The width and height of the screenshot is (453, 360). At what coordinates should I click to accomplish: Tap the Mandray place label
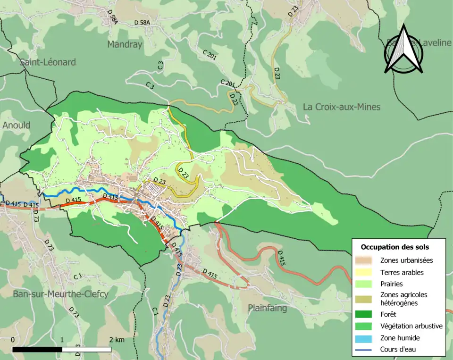pyautogui.click(x=125, y=45)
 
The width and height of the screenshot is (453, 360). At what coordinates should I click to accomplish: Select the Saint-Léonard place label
pyautogui.click(x=48, y=62)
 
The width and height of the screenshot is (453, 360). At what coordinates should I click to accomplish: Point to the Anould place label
pyautogui.click(x=16, y=125)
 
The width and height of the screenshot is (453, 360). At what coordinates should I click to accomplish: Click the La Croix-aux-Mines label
pyautogui.click(x=341, y=107)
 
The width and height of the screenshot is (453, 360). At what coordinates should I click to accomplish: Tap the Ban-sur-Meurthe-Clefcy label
pyautogui.click(x=61, y=294)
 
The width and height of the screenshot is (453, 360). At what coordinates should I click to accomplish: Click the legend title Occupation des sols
pyautogui.click(x=394, y=247)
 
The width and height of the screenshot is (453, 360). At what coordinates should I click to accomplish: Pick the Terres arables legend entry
pyautogui.click(x=402, y=272)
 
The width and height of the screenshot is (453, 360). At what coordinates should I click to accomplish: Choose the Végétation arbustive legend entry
pyautogui.click(x=411, y=326)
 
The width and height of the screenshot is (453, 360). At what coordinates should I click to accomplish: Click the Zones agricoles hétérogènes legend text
pyautogui.click(x=403, y=298)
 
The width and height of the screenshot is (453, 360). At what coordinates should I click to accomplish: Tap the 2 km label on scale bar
pyautogui.click(x=117, y=340)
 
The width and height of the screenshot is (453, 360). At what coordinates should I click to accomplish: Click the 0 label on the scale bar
pyautogui.click(x=12, y=340)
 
